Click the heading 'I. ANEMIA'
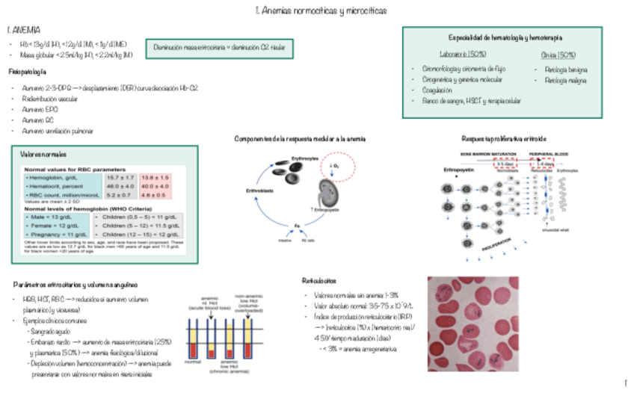click(x=24, y=31)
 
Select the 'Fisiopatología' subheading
click(x=27, y=72)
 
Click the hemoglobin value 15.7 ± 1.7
click(x=119, y=178)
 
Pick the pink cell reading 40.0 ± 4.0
click(x=155, y=186)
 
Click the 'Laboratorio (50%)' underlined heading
click(x=464, y=55)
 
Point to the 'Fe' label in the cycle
click(x=297, y=225)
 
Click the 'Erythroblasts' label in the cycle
click(x=257, y=191)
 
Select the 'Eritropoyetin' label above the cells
click(x=458, y=170)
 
